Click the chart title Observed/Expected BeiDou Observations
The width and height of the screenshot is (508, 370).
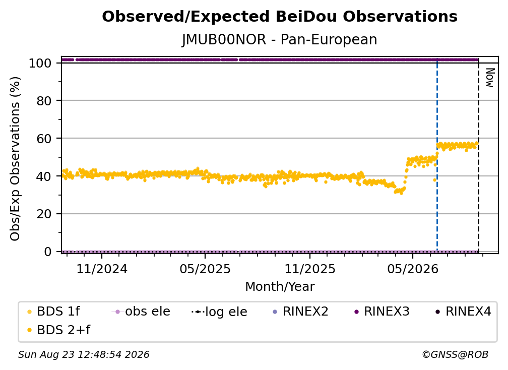280,17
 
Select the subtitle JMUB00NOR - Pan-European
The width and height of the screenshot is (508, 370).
279,40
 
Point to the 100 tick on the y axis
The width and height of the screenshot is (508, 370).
40,63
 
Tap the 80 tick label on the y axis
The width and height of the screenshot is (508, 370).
44,101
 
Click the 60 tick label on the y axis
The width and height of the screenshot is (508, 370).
44,139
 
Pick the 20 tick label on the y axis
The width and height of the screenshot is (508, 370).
44,214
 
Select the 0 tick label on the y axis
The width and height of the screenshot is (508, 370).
48,252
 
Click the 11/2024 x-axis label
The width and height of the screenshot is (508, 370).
102,269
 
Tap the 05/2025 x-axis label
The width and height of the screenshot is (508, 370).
205,269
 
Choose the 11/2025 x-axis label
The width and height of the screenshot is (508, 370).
310,269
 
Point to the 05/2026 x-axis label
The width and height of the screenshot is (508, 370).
412,269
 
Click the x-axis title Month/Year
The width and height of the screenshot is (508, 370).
280,287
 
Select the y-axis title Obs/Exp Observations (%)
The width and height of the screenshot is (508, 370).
15,159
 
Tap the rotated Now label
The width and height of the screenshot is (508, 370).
489,78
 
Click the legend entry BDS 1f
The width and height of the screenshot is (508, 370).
54,312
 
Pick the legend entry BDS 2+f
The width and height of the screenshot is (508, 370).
58,330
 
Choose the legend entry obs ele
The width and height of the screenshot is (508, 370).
141,312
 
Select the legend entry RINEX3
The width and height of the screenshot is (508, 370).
383,312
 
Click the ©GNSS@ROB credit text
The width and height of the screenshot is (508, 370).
455,355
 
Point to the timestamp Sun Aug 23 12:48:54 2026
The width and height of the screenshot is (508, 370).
84,355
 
